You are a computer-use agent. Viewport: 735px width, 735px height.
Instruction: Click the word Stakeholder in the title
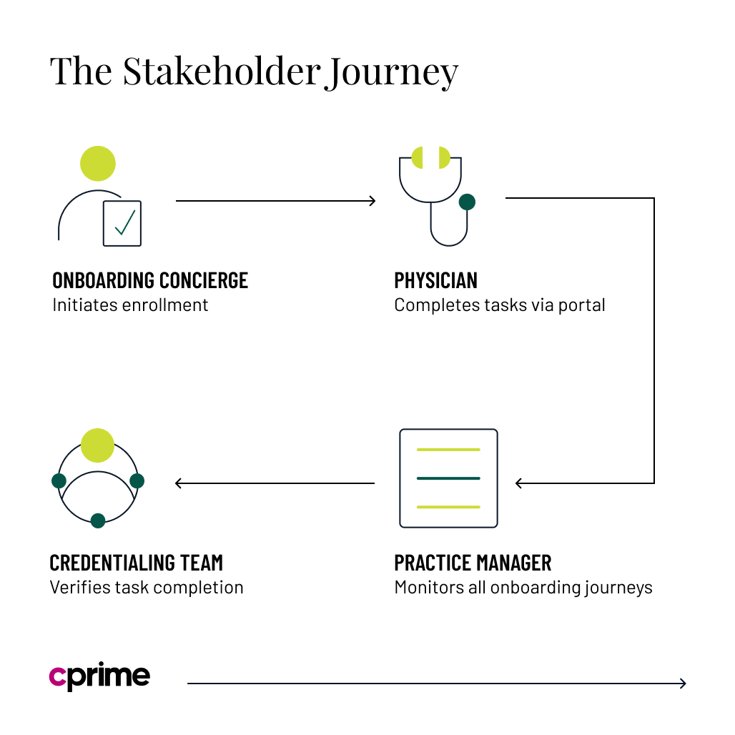pyautogui.click(x=219, y=71)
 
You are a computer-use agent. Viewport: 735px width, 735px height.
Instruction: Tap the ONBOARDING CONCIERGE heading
pyautogui.click(x=150, y=280)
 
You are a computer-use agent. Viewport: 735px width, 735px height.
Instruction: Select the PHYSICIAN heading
pyautogui.click(x=435, y=280)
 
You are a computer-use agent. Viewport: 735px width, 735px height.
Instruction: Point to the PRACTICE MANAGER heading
pyautogui.click(x=473, y=563)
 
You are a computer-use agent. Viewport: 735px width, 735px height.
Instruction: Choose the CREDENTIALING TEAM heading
pyautogui.click(x=136, y=563)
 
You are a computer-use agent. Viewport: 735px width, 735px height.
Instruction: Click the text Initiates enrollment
pyautogui.click(x=130, y=305)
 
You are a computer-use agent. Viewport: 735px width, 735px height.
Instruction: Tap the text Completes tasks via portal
pyautogui.click(x=499, y=305)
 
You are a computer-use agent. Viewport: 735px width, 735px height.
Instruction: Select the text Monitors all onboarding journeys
pyautogui.click(x=523, y=588)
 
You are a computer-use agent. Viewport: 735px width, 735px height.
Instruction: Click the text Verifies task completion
pyautogui.click(x=146, y=588)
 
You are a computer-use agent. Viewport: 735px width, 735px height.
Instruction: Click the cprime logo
pyautogui.click(x=99, y=676)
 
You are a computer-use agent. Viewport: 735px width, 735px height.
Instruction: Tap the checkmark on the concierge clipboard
pyautogui.click(x=124, y=222)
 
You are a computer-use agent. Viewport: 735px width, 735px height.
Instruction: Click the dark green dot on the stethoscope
pyautogui.click(x=467, y=202)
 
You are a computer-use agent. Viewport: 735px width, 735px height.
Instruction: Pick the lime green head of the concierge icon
pyautogui.click(x=98, y=164)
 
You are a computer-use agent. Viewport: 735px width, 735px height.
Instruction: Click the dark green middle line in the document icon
pyautogui.click(x=448, y=478)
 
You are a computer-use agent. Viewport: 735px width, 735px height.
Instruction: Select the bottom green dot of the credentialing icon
pyautogui.click(x=98, y=521)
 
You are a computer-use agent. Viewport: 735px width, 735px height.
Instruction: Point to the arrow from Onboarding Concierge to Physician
pyautogui.click(x=275, y=201)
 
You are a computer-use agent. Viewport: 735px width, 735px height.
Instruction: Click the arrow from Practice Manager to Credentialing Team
pyautogui.click(x=275, y=483)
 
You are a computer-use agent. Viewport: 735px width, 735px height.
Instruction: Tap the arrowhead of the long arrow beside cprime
pyautogui.click(x=683, y=684)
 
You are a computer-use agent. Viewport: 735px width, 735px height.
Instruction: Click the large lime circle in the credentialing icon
pyautogui.click(x=98, y=445)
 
